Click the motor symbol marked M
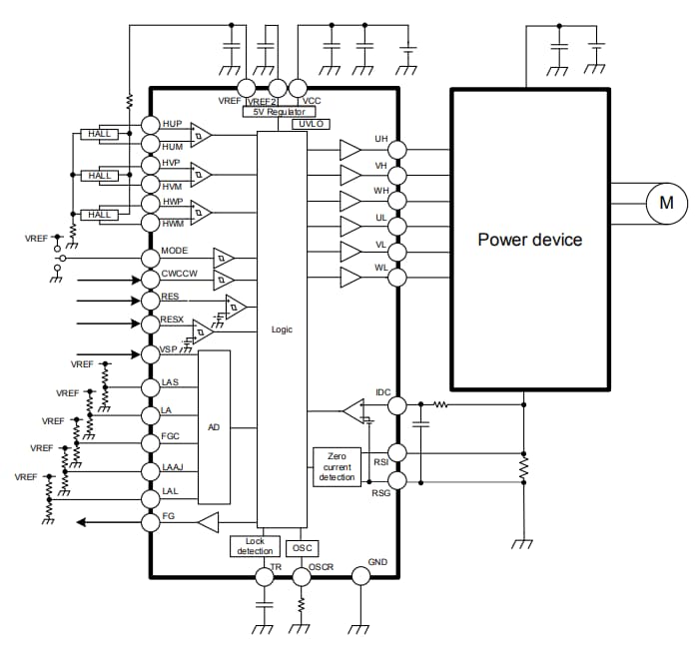point(665,205)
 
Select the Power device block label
point(529,240)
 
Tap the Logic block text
point(282,328)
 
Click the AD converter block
point(214,427)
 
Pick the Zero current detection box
point(337,467)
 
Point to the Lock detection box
point(254,546)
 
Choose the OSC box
point(302,547)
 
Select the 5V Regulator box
point(280,112)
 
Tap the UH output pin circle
point(396,150)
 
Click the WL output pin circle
point(396,278)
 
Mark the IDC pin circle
point(396,405)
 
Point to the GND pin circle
point(359,576)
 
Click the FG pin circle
point(150,520)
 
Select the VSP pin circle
point(150,353)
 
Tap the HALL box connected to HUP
point(101,134)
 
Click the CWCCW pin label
point(179,274)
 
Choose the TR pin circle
point(265,576)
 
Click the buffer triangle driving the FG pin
point(208,521)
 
